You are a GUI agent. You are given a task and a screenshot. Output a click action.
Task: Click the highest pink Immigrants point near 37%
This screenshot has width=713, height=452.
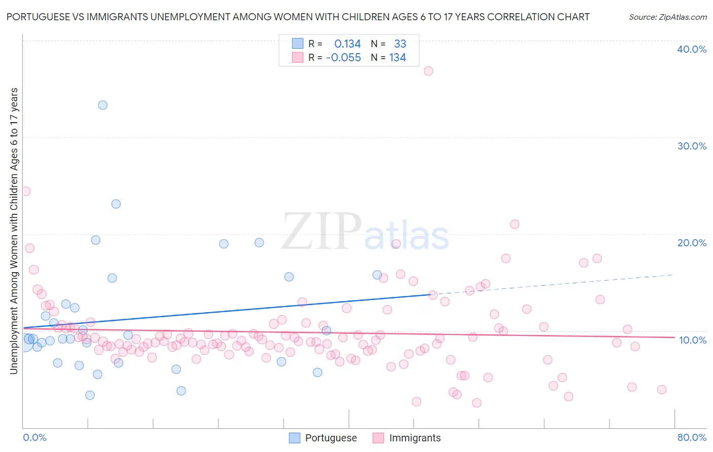coord(429,71)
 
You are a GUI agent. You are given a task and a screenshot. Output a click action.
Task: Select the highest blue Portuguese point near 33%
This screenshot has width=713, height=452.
coord(102,105)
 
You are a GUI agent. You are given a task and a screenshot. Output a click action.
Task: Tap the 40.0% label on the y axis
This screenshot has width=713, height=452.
coord(692,49)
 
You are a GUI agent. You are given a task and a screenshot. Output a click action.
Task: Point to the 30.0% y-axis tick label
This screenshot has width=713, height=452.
coord(692,146)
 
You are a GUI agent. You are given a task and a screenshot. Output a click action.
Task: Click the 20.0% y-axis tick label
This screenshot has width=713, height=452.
coord(692,243)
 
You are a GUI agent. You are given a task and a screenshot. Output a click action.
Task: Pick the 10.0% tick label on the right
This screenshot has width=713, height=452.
coord(692,340)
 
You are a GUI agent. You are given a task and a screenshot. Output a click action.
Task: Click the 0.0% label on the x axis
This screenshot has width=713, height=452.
coord(34,437)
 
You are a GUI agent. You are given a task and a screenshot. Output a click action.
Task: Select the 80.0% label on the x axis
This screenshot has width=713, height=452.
coord(692,437)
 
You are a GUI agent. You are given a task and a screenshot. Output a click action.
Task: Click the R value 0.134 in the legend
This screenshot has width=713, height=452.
coord(347,44)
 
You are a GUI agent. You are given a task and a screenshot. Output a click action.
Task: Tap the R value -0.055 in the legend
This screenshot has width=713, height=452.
coord(343,58)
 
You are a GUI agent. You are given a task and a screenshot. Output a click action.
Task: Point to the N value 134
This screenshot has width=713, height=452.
coord(398,58)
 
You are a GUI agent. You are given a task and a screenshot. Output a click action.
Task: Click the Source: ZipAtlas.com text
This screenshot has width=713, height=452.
coord(667,17)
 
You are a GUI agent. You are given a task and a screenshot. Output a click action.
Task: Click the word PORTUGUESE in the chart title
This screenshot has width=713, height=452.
coord(38,17)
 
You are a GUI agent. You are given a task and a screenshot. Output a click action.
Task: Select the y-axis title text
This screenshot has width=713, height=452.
coord(14,231)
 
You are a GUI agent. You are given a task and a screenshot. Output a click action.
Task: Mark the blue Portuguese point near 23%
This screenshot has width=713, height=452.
coord(116,204)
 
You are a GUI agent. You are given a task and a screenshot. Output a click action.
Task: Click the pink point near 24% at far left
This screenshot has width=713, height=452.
coord(25,192)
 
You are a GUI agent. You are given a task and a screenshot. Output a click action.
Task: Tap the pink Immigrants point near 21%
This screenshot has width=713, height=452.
coord(515,224)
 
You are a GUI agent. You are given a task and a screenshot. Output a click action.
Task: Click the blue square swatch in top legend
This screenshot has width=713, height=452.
coord(298,44)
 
